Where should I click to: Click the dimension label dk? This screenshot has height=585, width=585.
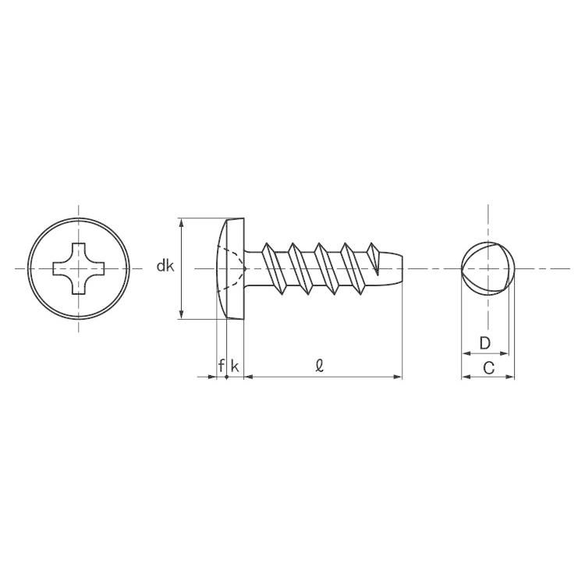tap(165, 266)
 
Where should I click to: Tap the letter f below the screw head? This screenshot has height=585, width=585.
tap(222, 366)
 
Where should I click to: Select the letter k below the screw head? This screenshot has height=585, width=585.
tap(235, 366)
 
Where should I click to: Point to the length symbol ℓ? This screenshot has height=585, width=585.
tap(319, 366)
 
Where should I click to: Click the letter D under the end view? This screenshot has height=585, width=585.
tap(484, 343)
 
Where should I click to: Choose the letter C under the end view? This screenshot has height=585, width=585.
tap(488, 368)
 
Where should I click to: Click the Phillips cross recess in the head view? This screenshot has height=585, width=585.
tap(78, 268)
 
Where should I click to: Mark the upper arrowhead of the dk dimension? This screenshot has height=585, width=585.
tap(182, 223)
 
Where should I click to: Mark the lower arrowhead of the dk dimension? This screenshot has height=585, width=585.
tap(182, 314)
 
